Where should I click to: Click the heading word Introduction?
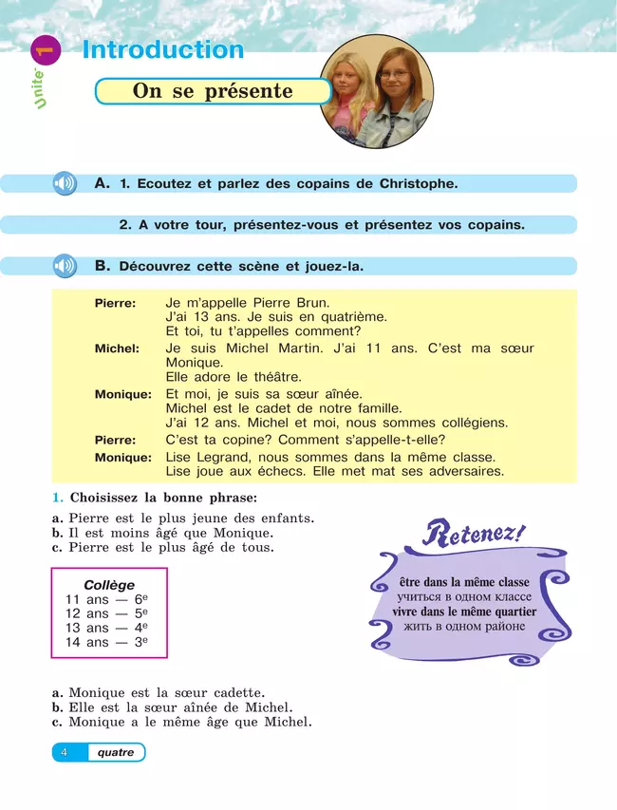(163, 50)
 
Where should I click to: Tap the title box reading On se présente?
(213, 92)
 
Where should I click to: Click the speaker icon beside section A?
(65, 183)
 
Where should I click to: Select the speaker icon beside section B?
(65, 266)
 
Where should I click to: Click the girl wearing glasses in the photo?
(394, 95)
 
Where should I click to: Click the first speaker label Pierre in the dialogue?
(115, 303)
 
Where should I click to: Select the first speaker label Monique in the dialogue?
(123, 394)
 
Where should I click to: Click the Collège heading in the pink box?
(109, 585)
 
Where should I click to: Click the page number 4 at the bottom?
(64, 752)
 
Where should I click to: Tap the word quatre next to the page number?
(116, 752)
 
